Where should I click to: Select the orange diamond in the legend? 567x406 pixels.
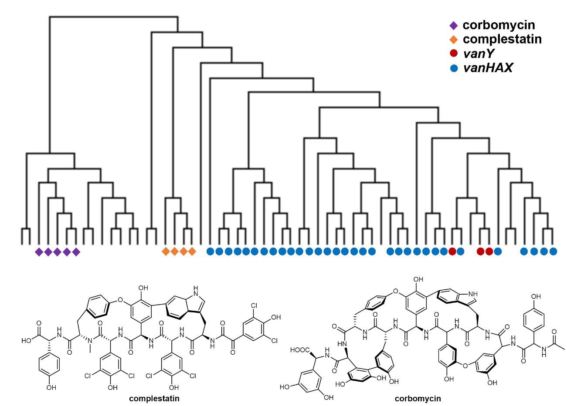point(454,40)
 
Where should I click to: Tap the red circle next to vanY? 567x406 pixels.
point(454,54)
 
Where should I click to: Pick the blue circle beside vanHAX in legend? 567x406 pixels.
point(454,68)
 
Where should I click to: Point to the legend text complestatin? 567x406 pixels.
point(502,39)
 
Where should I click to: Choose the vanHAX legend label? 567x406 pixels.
point(488,67)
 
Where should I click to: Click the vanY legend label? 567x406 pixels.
point(478,54)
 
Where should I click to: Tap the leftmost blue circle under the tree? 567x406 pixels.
point(210,251)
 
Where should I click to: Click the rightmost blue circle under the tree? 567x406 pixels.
point(553,251)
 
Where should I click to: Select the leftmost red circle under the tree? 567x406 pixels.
point(452,251)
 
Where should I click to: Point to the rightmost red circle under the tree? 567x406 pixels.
point(489,251)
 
